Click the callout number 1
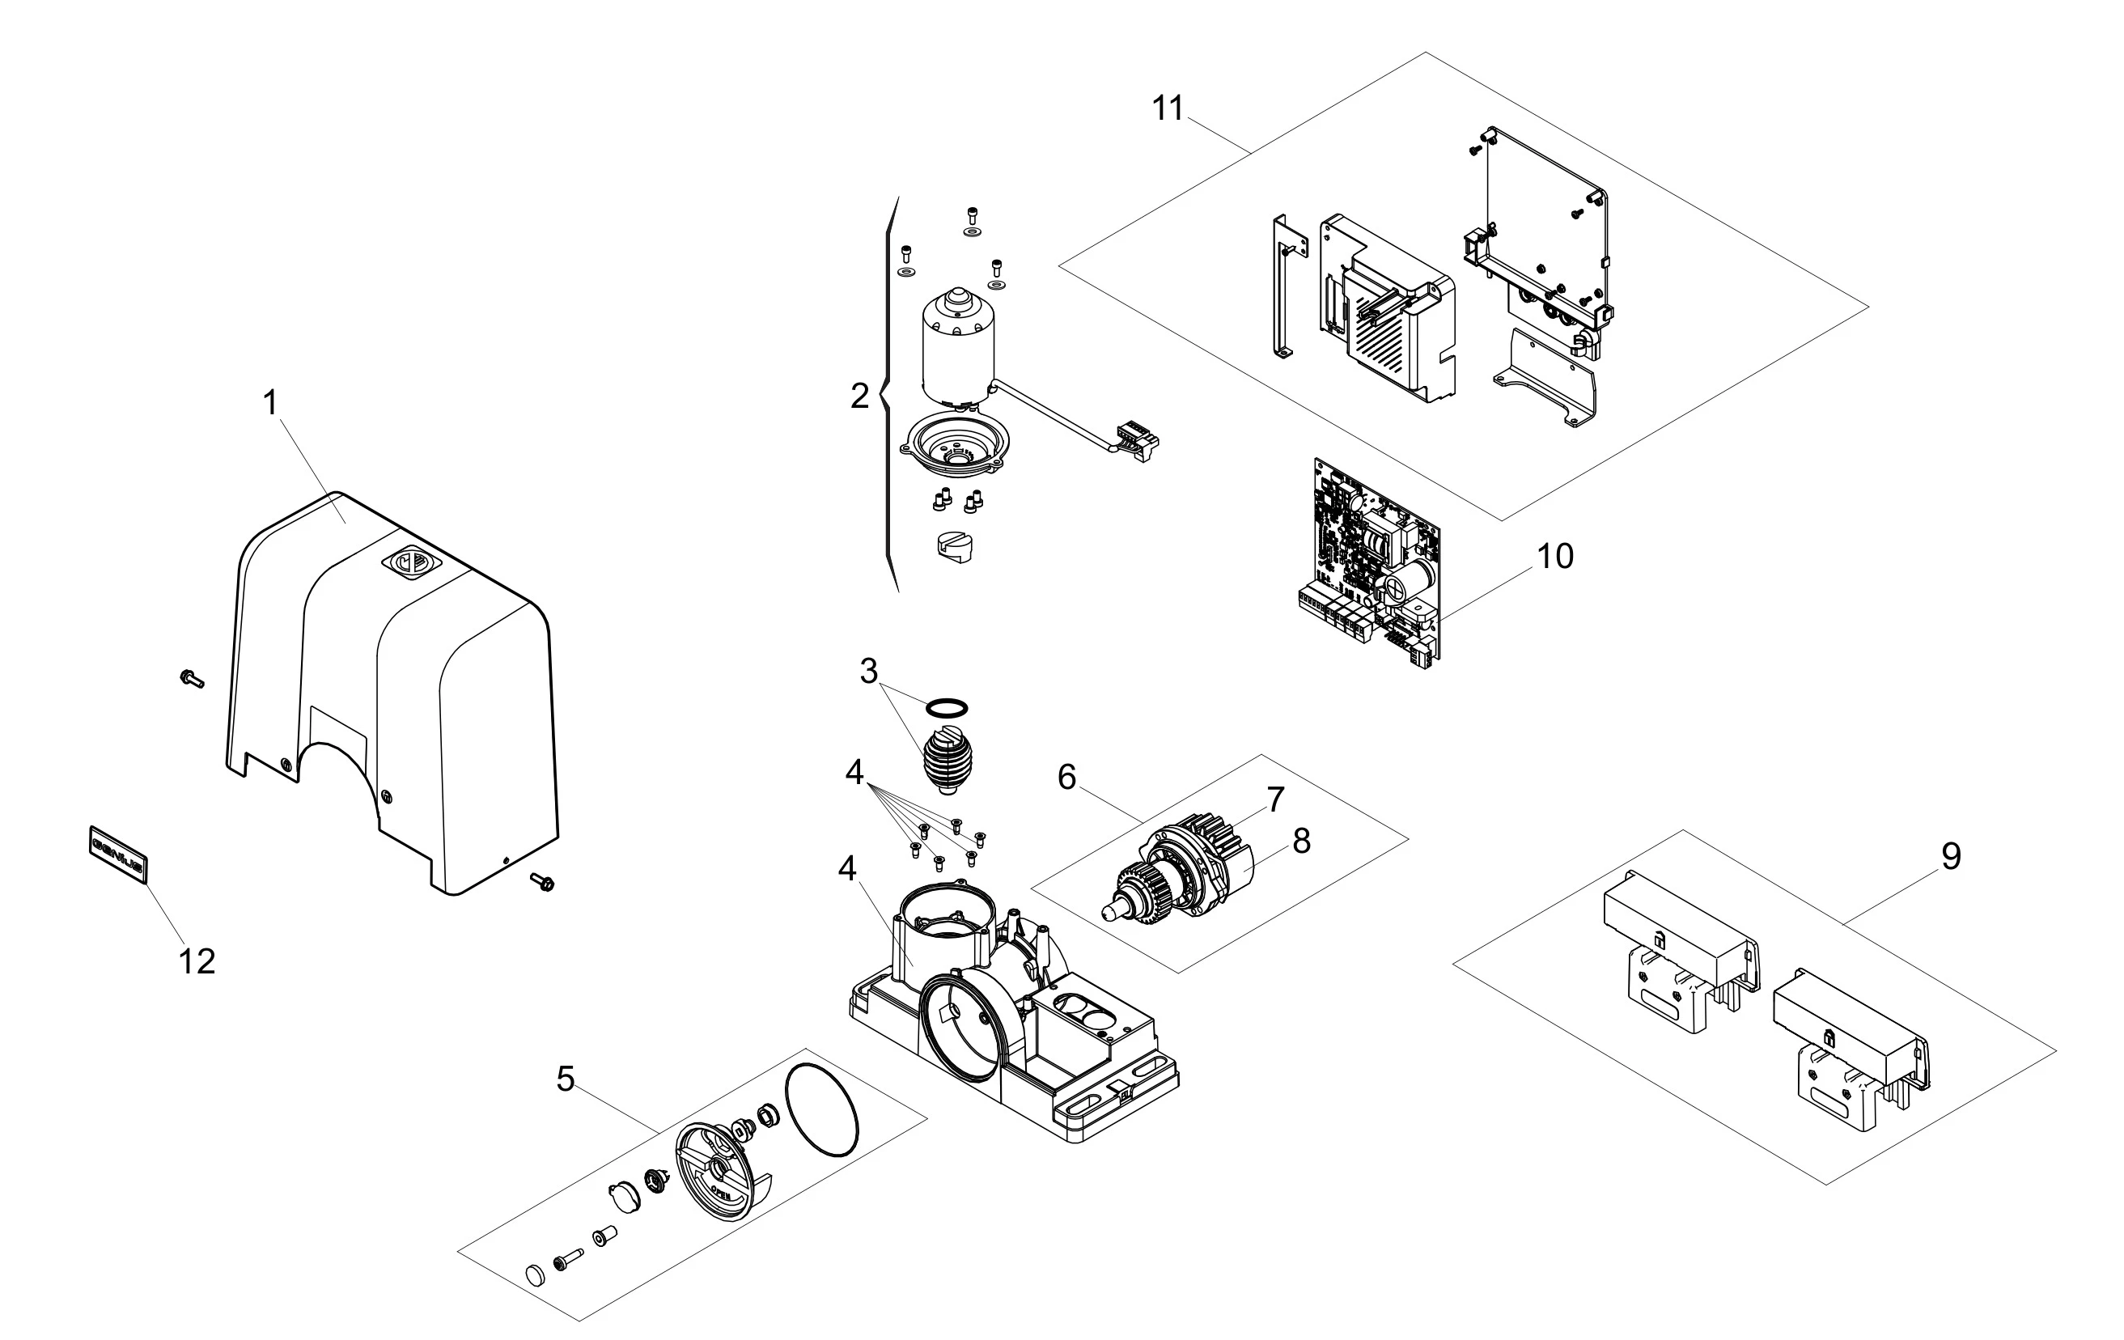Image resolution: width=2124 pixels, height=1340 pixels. [271, 403]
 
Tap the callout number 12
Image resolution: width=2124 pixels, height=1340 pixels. [196, 961]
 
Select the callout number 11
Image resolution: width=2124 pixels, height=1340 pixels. [1167, 108]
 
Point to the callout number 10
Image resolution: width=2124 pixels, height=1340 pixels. [1554, 557]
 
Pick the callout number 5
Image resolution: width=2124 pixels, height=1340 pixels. [566, 1078]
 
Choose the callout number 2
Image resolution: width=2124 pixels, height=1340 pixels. [859, 396]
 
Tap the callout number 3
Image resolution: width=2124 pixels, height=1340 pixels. [869, 672]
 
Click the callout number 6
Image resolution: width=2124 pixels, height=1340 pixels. [1066, 777]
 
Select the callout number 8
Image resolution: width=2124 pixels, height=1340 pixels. [1301, 842]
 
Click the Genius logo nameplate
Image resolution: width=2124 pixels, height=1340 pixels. [118, 854]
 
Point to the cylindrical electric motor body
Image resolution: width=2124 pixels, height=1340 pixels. [957, 349]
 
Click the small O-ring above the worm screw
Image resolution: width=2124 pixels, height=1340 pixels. [946, 707]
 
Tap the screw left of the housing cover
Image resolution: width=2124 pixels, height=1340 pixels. [190, 677]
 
